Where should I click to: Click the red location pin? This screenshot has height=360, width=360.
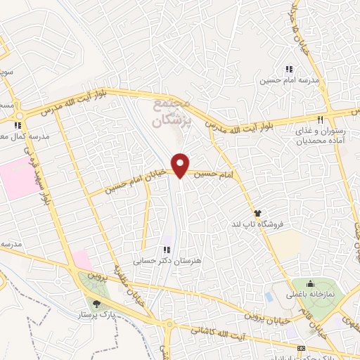pyautogui.click(x=181, y=165)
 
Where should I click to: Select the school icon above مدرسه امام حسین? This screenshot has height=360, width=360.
pyautogui.click(x=288, y=69)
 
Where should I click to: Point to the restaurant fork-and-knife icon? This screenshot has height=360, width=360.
pyautogui.click(x=320, y=120)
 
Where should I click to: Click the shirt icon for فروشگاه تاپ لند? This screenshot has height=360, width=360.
pyautogui.click(x=258, y=212)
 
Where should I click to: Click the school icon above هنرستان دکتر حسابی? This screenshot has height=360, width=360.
pyautogui.click(x=167, y=250)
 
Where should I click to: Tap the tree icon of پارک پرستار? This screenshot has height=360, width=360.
pyautogui.click(x=96, y=304)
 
